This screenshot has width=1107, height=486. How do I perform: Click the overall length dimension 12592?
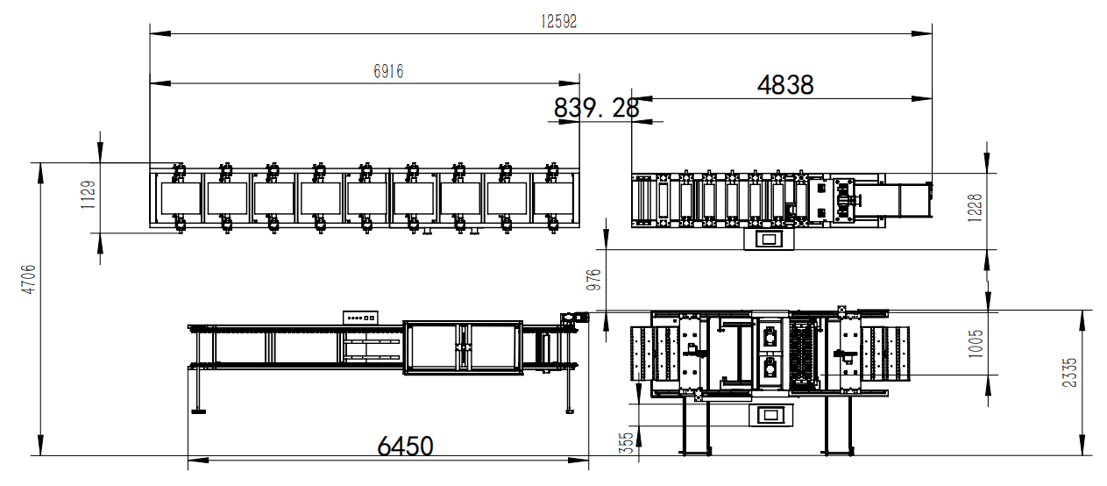tap(558, 22)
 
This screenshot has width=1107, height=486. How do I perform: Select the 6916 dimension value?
tap(388, 72)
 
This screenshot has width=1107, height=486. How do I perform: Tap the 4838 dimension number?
tap(785, 85)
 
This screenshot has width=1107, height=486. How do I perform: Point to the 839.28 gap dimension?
tap(597, 108)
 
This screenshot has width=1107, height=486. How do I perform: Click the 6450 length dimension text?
tap(405, 446)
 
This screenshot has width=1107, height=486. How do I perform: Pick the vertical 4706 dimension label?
tap(29, 279)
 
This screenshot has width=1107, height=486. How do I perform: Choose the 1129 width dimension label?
tap(88, 195)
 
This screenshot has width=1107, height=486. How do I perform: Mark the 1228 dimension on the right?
tap(975, 208)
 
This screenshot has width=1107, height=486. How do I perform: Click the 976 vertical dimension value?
tap(593, 280)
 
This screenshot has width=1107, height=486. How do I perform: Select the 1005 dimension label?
tap(976, 344)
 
